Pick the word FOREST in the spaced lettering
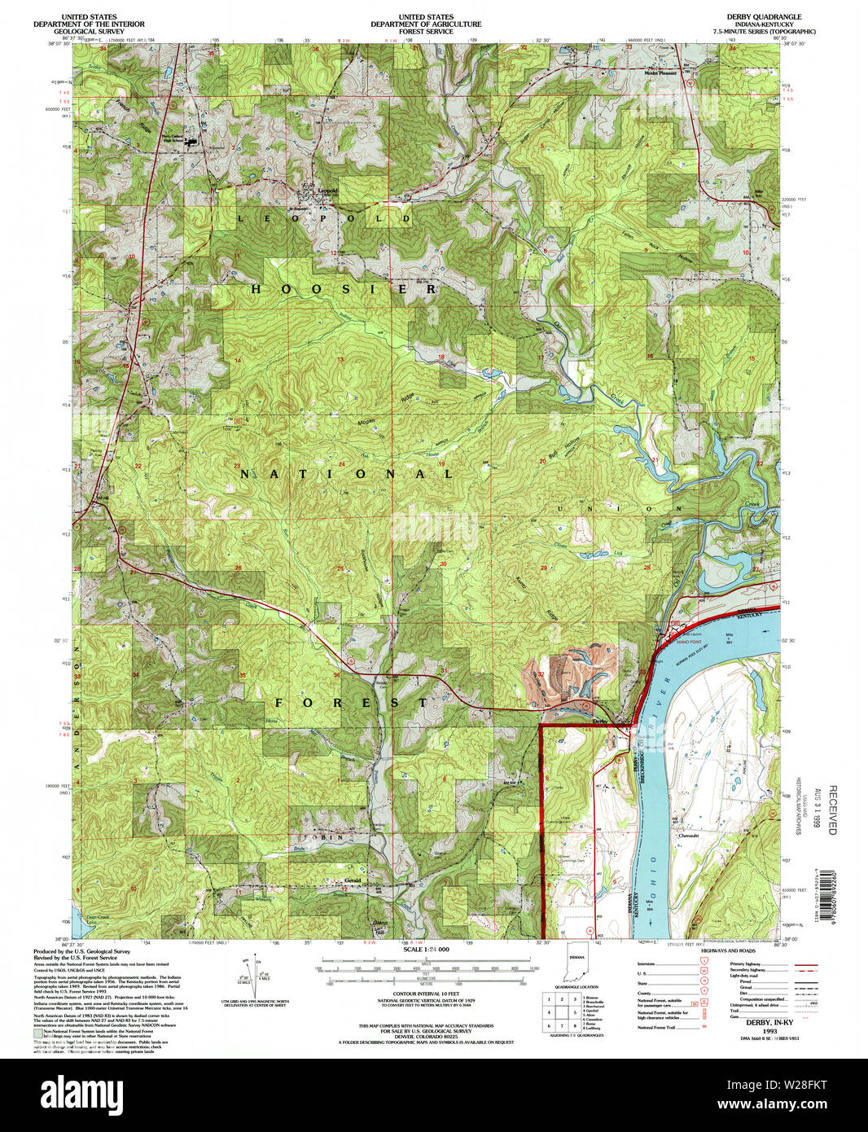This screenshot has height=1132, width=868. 350,702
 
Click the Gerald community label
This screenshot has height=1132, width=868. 353,881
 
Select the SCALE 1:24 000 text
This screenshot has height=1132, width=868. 427,950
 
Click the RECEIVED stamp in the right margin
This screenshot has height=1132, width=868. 832,810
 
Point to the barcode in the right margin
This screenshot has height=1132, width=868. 831,893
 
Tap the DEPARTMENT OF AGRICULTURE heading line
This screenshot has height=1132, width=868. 426,24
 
